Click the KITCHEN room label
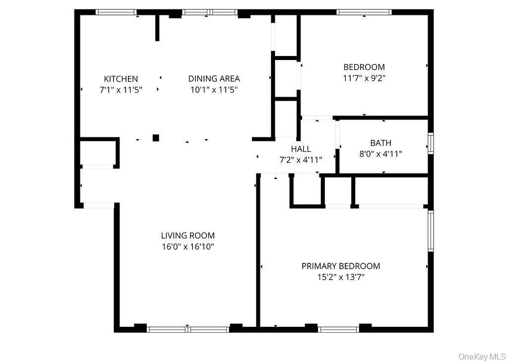pyautogui.click(x=121, y=79)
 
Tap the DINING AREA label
pyautogui.click(x=214, y=78)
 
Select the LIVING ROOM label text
pyautogui.click(x=188, y=236)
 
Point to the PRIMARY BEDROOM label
pyautogui.click(x=341, y=266)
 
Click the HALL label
pyautogui.click(x=301, y=149)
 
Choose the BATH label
pyautogui.click(x=381, y=143)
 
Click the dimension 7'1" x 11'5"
pyautogui.click(x=121, y=90)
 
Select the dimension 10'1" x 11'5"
pyautogui.click(x=214, y=90)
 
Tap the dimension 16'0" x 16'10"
pyautogui.click(x=188, y=246)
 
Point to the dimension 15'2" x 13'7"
pyautogui.click(x=341, y=277)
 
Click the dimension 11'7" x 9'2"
pyautogui.click(x=364, y=78)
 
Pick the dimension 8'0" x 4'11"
pyautogui.click(x=381, y=154)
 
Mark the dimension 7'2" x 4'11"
pyautogui.click(x=301, y=160)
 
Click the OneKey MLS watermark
pyautogui.click(x=482, y=356)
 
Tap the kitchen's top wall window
pyautogui.click(x=116, y=12)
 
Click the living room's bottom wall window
pyautogui.click(x=188, y=329)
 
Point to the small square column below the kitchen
pyautogui.click(x=156, y=138)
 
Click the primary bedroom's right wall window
pyautogui.click(x=431, y=231)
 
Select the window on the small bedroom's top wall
pyautogui.click(x=364, y=12)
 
